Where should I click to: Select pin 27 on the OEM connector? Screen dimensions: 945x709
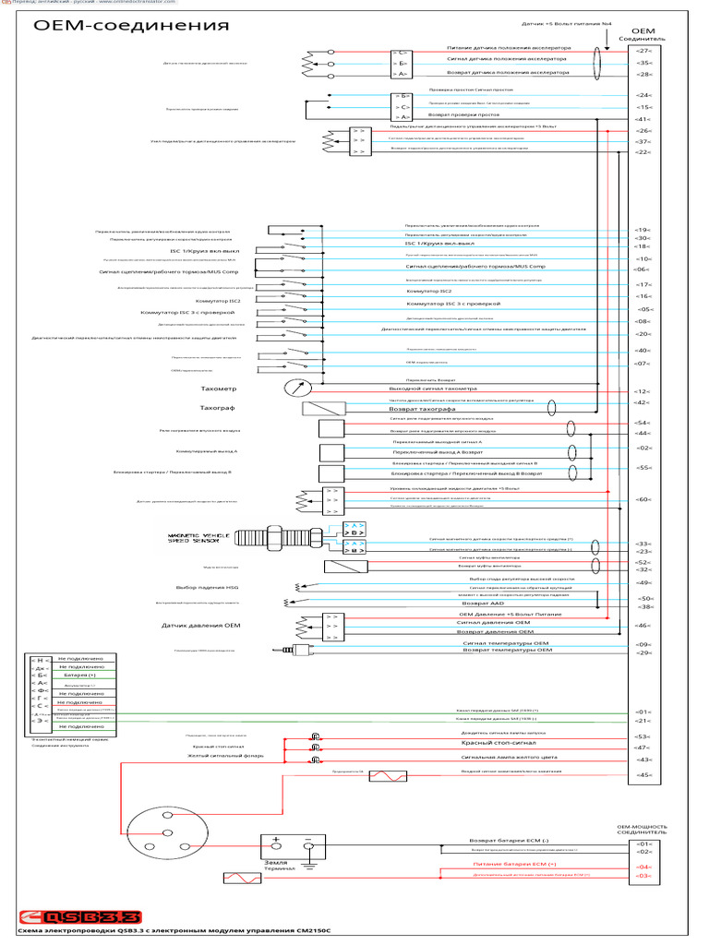click(x=643, y=51)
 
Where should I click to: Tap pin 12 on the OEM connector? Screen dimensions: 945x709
click(x=643, y=391)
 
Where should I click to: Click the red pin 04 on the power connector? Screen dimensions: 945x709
click(x=643, y=867)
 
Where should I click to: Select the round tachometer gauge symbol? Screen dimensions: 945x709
click(x=294, y=388)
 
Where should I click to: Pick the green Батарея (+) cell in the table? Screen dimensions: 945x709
click(x=81, y=676)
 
